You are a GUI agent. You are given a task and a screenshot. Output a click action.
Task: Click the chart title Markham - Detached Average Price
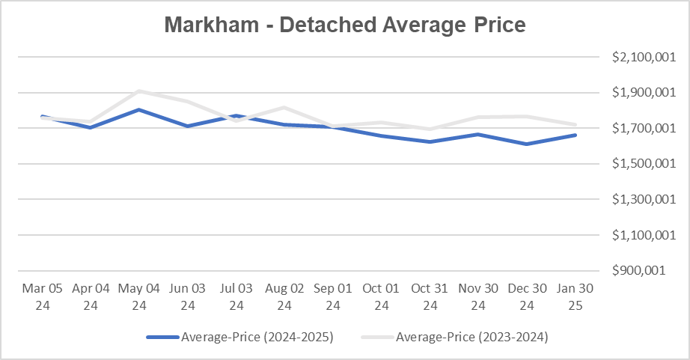click(345, 25)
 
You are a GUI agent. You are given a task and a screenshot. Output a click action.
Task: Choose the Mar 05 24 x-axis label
click(42, 296)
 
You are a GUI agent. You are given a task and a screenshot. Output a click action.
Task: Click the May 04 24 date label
click(139, 296)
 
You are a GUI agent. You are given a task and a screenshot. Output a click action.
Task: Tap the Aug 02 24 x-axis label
click(284, 296)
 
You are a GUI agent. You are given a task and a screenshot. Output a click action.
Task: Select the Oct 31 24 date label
click(430, 296)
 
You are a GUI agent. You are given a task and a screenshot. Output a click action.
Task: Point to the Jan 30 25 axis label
click(575, 296)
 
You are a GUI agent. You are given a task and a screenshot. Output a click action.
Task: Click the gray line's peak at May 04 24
click(139, 91)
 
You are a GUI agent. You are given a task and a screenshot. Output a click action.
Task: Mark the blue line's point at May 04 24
click(139, 109)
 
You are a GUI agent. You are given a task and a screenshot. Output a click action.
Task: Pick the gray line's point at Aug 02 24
click(284, 108)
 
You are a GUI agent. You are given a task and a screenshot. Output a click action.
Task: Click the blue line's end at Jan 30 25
click(575, 135)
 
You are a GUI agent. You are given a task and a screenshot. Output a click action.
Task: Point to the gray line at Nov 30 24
click(478, 118)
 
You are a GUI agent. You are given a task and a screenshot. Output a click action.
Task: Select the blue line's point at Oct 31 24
click(430, 141)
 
